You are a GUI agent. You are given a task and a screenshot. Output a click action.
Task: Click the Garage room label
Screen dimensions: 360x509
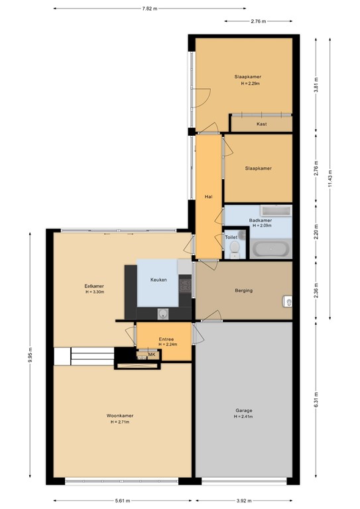pyautogui.click(x=244, y=410)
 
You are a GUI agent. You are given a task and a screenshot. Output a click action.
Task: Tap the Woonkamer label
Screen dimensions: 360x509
pyautogui.click(x=120, y=416)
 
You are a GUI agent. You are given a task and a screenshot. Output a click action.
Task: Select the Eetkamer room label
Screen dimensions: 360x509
pyautogui.click(x=94, y=286)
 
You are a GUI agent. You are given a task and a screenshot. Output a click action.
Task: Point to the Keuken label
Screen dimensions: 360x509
pyautogui.click(x=158, y=280)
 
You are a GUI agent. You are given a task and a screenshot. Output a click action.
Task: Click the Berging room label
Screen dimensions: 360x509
pyautogui.click(x=244, y=290)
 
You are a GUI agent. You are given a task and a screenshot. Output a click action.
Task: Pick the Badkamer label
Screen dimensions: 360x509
pyautogui.click(x=261, y=221)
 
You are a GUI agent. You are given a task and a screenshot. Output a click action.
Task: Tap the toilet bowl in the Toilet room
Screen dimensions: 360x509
pyautogui.click(x=235, y=249)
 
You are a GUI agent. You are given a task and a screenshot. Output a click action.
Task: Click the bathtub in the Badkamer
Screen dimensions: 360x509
pyautogui.click(x=270, y=249)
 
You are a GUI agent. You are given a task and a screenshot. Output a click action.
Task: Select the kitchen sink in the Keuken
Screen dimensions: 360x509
pyautogui.click(x=163, y=313)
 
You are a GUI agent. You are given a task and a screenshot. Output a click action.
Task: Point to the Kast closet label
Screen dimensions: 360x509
pyautogui.click(x=262, y=124)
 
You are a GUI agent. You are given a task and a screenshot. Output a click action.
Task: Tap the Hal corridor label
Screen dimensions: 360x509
pyautogui.click(x=208, y=196)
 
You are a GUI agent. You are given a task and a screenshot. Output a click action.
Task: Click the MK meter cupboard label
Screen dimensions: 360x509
pyautogui.click(x=152, y=355)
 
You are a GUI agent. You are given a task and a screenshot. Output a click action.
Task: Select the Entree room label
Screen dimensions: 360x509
pyautogui.click(x=166, y=339)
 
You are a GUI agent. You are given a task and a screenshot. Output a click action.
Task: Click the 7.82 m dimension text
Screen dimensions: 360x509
pyautogui.click(x=150, y=9)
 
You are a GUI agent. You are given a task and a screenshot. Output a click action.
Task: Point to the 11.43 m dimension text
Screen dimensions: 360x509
pyautogui.click(x=330, y=179)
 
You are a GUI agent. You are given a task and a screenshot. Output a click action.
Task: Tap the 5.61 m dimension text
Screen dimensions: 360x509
pyautogui.click(x=123, y=501)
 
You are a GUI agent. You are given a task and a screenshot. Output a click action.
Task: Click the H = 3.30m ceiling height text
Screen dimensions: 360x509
pyautogui.click(x=95, y=292)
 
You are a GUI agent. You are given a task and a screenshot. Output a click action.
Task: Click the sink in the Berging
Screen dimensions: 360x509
pyautogui.click(x=288, y=302)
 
